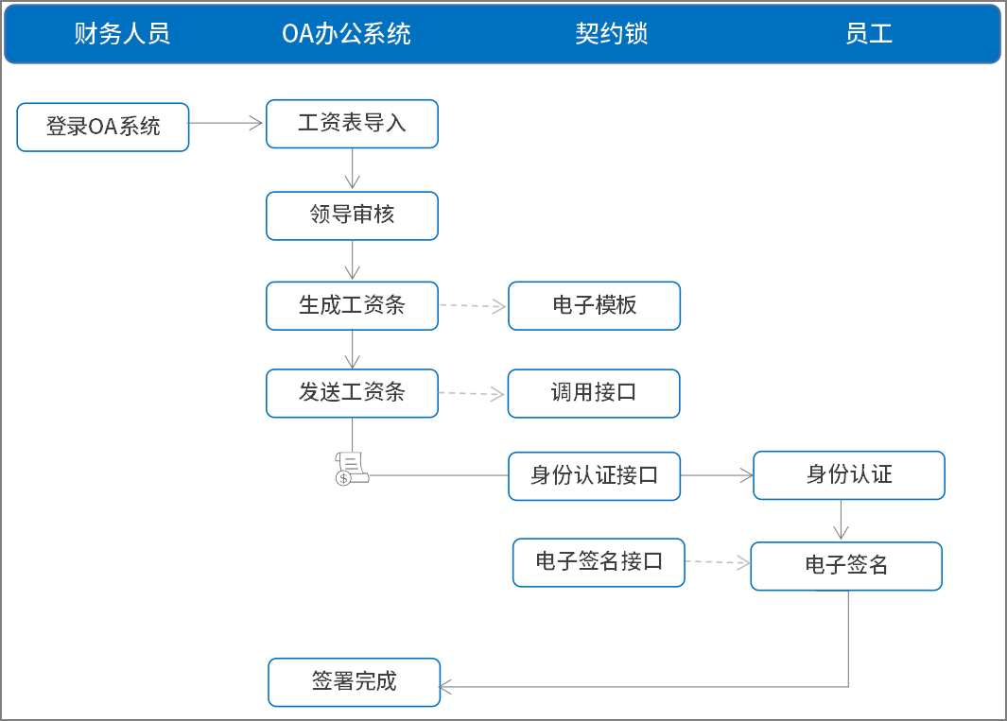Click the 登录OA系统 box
click(103, 127)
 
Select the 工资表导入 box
click(352, 124)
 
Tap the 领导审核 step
click(352, 215)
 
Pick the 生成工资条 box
click(352, 305)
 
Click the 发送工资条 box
click(352, 393)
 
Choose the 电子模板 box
click(594, 305)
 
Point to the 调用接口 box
click(594, 393)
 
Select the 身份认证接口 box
click(594, 475)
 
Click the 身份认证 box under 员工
click(848, 474)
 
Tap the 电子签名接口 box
click(599, 562)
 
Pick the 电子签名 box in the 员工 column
click(846, 566)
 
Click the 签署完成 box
click(355, 682)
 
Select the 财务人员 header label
click(122, 35)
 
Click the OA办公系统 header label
click(346, 35)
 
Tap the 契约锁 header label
click(611, 35)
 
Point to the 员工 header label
click(869, 35)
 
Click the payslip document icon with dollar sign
click(350, 469)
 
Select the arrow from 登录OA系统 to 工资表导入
click(227, 123)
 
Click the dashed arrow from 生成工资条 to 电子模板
click(473, 306)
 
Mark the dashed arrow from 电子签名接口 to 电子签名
click(717, 562)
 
